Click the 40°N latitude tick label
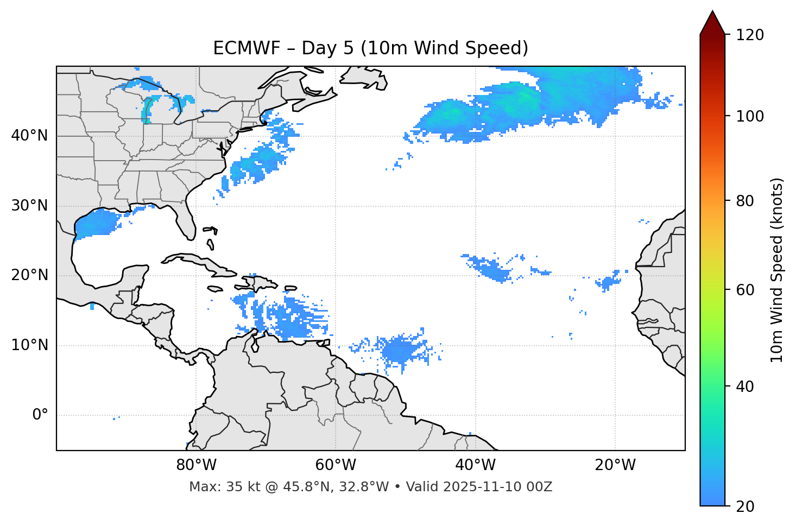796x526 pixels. point(29,136)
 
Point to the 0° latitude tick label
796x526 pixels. point(40,415)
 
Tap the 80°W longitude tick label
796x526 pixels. point(196,465)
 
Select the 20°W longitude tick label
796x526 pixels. point(615,465)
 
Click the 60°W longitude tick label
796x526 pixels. point(336,465)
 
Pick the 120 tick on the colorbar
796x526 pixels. point(750,35)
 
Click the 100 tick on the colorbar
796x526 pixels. point(750,116)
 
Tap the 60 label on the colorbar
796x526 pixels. point(747,290)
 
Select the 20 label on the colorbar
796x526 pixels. point(747,506)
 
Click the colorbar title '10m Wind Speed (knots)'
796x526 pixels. point(777,270)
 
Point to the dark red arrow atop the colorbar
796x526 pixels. point(712,23)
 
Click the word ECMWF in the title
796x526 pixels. point(247,48)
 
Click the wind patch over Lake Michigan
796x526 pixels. point(147,111)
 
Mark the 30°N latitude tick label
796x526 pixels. point(29,206)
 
